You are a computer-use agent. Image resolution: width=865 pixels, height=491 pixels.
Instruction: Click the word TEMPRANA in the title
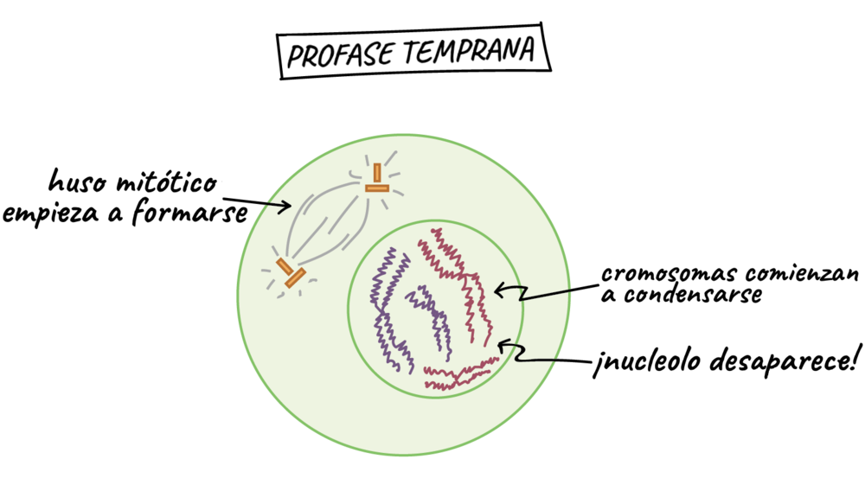pyautogui.click(x=469, y=50)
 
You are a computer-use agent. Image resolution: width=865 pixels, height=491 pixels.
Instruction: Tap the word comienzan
pyautogui.click(x=802, y=272)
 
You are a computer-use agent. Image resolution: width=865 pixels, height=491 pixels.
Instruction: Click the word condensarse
pyautogui.click(x=693, y=295)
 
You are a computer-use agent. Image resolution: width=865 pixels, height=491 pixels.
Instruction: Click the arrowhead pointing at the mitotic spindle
pyautogui.click(x=285, y=207)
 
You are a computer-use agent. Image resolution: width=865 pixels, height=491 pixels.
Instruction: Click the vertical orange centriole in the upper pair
pyautogui.click(x=377, y=173)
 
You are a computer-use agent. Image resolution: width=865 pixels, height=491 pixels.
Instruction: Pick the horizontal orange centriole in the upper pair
pyautogui.click(x=377, y=188)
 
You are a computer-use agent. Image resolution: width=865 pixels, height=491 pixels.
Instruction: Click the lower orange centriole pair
pyautogui.click(x=291, y=273)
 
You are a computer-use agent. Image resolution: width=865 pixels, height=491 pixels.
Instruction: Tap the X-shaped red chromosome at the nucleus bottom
pyautogui.click(x=460, y=374)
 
